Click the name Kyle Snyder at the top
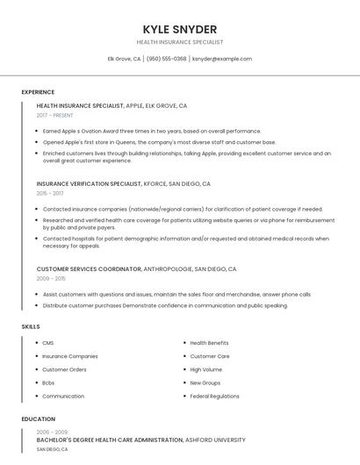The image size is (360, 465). point(180,29)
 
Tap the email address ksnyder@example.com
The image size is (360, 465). point(221,59)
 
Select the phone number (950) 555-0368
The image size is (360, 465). point(167,59)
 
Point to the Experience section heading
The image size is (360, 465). point(38,92)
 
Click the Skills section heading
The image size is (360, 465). point(31,326)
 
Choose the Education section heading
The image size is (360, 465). point(39,419)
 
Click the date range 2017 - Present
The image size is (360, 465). point(55,115)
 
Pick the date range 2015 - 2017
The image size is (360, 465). point(50,193)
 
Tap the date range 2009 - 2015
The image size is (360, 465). point(51,278)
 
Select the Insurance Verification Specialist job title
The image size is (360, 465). point(89,184)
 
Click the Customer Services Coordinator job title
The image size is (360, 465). point(88,269)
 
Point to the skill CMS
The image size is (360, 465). point(48,343)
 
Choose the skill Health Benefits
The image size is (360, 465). point(209,343)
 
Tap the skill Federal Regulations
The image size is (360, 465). point(214,396)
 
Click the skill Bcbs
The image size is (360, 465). point(49,383)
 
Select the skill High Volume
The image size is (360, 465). point(206,369)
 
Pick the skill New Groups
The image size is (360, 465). point(205,383)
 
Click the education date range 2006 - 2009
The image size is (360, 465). point(52,433)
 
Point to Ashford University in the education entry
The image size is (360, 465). point(215,440)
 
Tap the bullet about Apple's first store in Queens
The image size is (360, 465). point(159,141)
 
